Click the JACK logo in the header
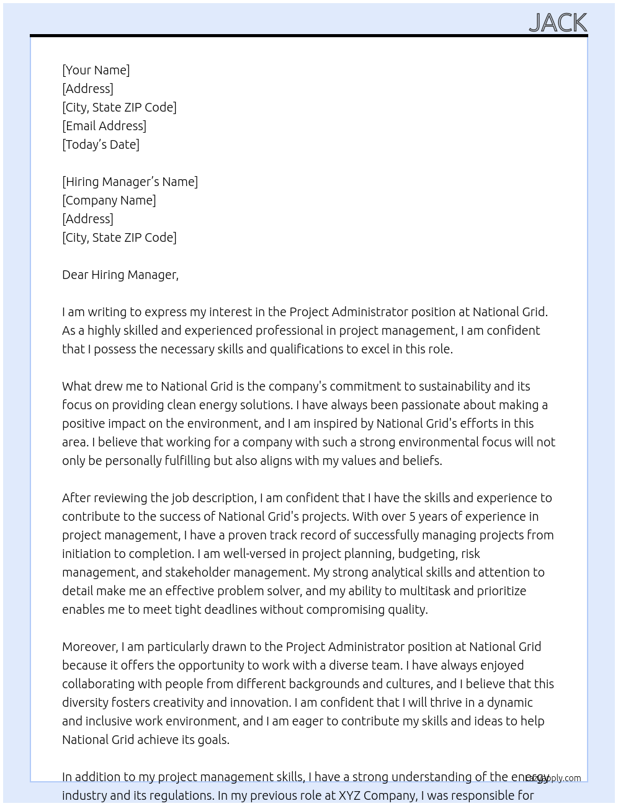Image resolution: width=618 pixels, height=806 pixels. pyautogui.click(x=557, y=23)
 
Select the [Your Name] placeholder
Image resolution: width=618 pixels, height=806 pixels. pyautogui.click(x=96, y=70)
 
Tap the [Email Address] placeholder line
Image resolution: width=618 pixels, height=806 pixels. pyautogui.click(x=104, y=126)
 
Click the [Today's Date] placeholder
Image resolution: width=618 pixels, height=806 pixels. pyautogui.click(x=101, y=144)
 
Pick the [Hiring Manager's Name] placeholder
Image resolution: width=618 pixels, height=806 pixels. pyautogui.click(x=130, y=182)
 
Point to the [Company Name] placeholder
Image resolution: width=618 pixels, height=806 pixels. pyautogui.click(x=109, y=200)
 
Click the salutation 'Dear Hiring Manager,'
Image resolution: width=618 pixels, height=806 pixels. pyautogui.click(x=120, y=275)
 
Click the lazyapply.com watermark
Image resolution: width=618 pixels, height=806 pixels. pyautogui.click(x=553, y=778)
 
